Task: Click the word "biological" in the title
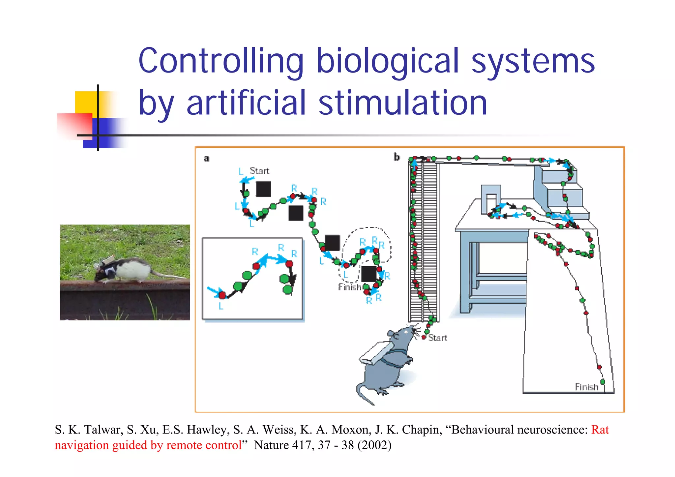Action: click(388, 61)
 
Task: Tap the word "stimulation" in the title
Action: click(402, 103)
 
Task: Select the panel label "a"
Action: click(206, 159)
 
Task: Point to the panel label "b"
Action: click(397, 157)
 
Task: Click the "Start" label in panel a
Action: click(259, 171)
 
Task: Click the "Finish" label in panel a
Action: click(350, 287)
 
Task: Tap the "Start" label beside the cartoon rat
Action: click(437, 338)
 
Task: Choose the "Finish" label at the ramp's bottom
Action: click(586, 387)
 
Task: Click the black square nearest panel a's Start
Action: click(263, 189)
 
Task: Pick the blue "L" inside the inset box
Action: click(221, 306)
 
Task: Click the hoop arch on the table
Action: click(491, 198)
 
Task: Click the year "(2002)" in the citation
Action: click(374, 445)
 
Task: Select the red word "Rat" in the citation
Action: click(600, 430)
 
